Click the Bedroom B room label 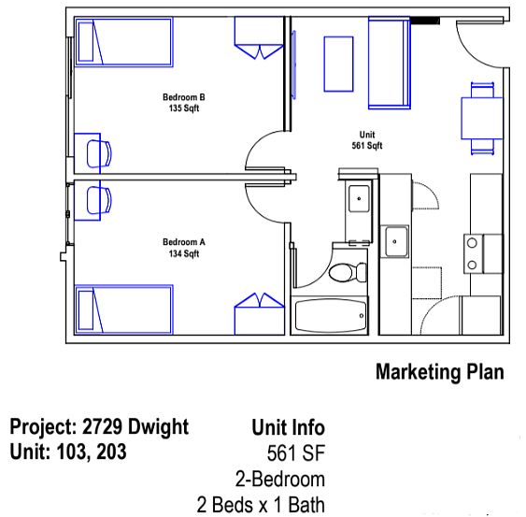[x=184, y=97]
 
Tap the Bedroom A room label [x=184, y=242]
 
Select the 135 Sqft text [x=184, y=108]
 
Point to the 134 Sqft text [x=184, y=253]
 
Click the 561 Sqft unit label [x=367, y=146]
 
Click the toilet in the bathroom [x=348, y=272]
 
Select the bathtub [x=330, y=315]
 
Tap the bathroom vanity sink [x=359, y=198]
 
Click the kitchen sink [x=394, y=241]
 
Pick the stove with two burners [x=483, y=253]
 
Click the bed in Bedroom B [x=123, y=42]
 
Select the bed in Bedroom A [x=123, y=309]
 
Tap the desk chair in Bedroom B [x=99, y=153]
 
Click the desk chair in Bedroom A [x=99, y=200]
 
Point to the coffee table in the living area [x=338, y=64]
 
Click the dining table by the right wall [x=482, y=118]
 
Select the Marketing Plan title [x=440, y=372]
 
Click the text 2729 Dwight [x=135, y=427]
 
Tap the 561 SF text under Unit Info [x=296, y=453]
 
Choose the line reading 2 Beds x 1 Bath [x=261, y=505]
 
